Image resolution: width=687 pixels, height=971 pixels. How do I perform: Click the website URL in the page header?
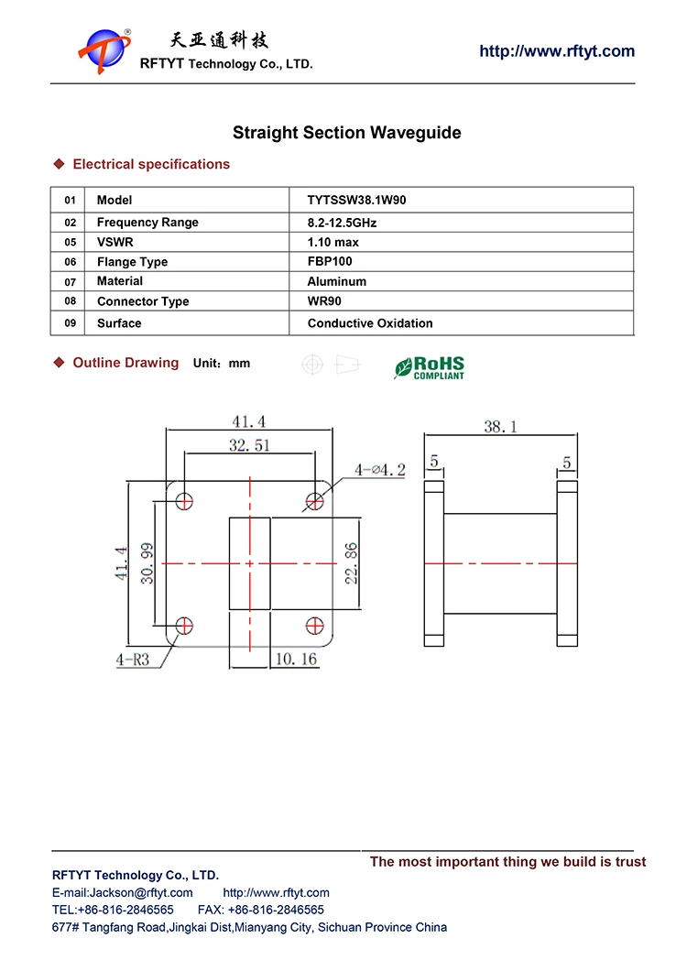point(556,51)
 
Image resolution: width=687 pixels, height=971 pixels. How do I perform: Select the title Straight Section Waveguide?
point(346,133)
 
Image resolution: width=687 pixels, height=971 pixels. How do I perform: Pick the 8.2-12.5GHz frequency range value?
point(342,223)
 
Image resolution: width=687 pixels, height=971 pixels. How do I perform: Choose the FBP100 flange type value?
point(330,262)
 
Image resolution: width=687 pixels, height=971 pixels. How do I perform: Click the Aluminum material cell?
point(336,282)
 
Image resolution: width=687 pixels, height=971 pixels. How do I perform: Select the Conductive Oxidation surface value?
point(370,323)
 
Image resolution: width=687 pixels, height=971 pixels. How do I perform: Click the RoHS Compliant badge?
point(430,367)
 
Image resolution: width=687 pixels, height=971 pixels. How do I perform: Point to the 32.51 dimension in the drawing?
point(249,446)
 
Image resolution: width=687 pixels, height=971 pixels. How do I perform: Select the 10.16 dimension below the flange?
point(295,659)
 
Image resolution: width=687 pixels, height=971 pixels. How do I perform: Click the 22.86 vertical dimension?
point(352,562)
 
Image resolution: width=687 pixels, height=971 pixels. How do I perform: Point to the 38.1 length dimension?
point(500,426)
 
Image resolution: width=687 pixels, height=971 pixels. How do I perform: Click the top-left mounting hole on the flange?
point(185,500)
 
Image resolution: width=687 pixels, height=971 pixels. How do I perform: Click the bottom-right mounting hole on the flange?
point(314,625)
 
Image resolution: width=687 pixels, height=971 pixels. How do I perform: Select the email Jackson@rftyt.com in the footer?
point(123,893)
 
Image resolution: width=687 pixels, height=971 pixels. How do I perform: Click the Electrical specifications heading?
point(151,165)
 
